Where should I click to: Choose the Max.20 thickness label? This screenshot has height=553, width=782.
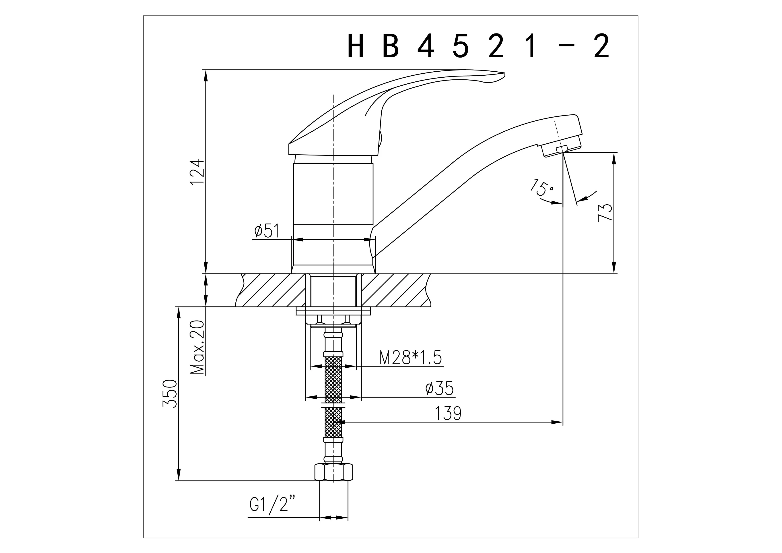(198, 348)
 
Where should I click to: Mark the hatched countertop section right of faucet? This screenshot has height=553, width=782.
(395, 290)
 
